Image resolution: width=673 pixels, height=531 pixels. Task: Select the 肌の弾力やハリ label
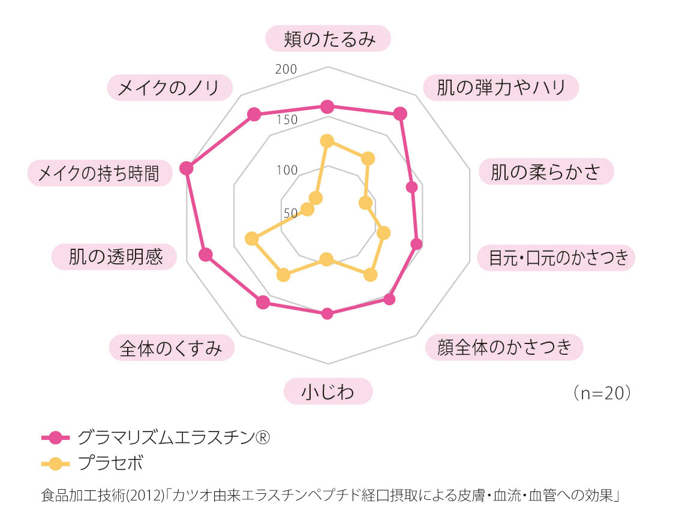pos(501,88)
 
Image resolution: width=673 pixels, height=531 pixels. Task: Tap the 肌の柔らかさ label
pos(546,171)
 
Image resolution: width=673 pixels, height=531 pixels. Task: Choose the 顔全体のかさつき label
pos(504,346)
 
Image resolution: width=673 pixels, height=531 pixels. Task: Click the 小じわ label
pos(328,391)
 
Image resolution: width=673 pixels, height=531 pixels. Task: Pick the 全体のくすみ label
pos(172,348)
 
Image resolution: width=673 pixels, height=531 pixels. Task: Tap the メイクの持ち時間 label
pos(100,173)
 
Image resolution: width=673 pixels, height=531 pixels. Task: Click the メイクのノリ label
pos(170,88)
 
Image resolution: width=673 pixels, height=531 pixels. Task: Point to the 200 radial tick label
pos(286,69)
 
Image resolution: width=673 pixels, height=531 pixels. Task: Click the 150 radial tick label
pos(287,120)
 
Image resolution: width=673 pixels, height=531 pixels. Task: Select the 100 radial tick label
pos(287,170)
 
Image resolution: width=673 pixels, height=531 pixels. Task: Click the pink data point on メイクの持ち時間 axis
pos(187,168)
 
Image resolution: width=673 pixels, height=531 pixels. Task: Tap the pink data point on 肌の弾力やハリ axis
pos(400,114)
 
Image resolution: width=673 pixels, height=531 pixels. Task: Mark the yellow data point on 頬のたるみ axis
pos(327,141)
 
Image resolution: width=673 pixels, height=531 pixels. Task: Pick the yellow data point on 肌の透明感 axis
pos(251,239)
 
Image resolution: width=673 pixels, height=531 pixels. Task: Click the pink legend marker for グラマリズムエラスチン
pos(55,438)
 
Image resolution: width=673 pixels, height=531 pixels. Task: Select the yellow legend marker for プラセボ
pos(55,464)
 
